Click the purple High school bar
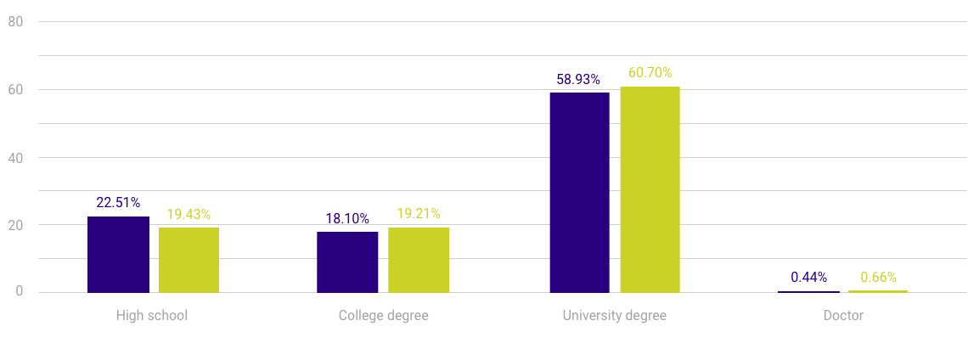(118, 255)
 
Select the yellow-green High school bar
(189, 260)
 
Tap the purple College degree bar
(347, 262)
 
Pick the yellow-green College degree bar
(419, 260)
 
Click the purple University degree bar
(579, 193)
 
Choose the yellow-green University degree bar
(650, 189)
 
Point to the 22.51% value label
(118, 202)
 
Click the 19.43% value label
(189, 214)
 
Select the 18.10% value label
(347, 218)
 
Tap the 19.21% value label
(419, 214)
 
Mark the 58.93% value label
(578, 79)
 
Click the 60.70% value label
(650, 73)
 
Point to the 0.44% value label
(808, 277)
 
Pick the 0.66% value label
(878, 277)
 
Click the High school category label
(152, 316)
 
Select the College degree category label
(383, 316)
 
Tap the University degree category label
(614, 316)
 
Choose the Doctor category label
(843, 316)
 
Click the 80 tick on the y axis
(14, 22)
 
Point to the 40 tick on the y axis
(14, 157)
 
